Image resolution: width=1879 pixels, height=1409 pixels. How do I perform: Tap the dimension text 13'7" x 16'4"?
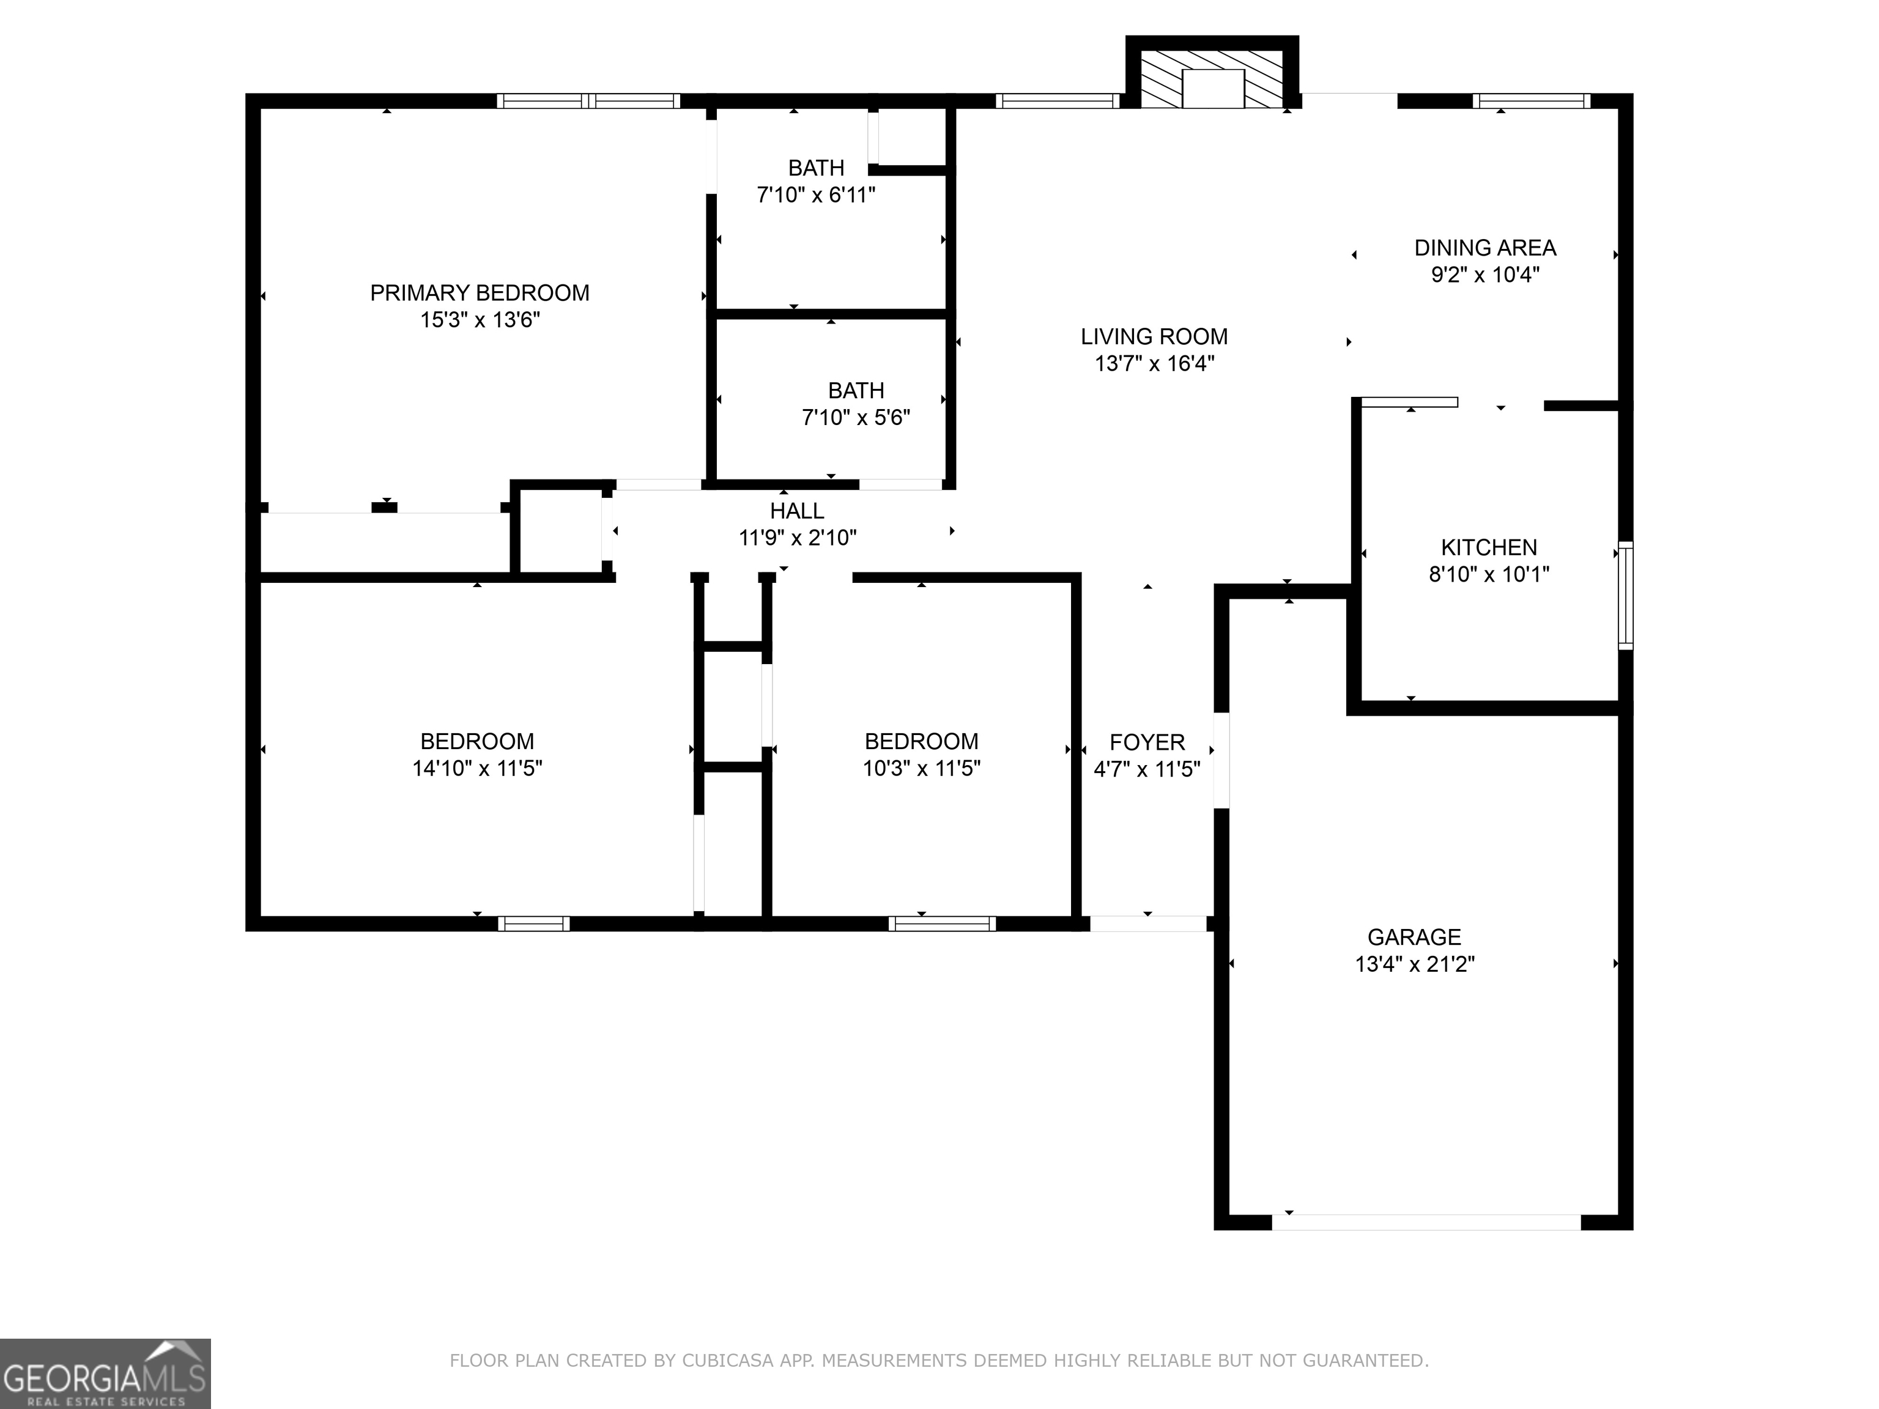click(1154, 363)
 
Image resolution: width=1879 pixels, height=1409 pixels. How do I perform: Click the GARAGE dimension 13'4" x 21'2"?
click(1414, 964)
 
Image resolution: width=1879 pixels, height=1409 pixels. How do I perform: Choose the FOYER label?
click(1147, 742)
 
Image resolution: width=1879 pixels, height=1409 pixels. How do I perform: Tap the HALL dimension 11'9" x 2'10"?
click(797, 538)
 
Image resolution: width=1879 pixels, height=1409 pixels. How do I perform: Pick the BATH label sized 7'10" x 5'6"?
click(856, 391)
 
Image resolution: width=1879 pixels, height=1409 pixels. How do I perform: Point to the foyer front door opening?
click(1147, 923)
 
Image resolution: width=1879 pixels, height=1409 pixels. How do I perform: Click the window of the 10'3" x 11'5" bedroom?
click(941, 924)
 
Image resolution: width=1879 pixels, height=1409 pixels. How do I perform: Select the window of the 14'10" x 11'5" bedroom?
click(533, 924)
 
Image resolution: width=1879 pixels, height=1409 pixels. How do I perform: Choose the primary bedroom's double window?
click(588, 101)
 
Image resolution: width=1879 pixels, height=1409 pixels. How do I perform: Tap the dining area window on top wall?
click(1531, 101)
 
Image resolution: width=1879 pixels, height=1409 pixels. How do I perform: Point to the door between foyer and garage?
click(1221, 760)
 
